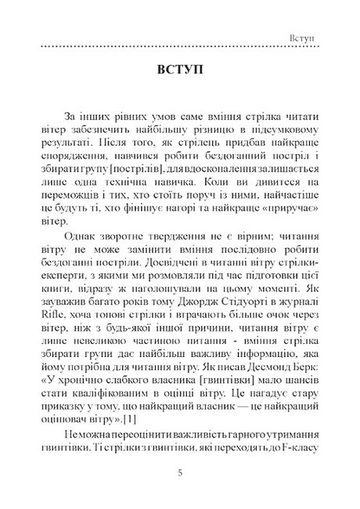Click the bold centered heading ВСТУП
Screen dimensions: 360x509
(x=179, y=70)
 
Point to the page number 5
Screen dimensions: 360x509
(x=180, y=473)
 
